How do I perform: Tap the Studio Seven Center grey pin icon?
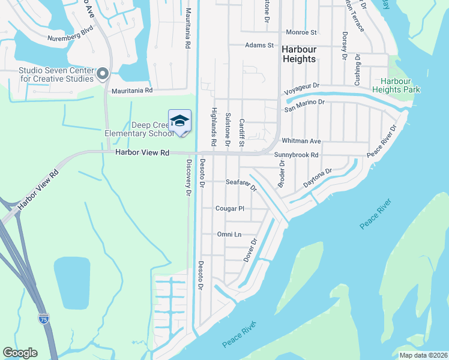point(102,74)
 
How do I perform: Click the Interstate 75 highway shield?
point(44,319)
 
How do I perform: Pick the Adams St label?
point(259,45)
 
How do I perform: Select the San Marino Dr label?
point(304,103)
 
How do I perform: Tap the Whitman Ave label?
point(301,141)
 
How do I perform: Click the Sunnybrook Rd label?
point(295,155)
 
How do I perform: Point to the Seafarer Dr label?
point(241,184)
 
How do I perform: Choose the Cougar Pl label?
point(230,209)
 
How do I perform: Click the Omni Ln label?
point(229,235)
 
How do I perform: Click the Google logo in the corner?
point(20,353)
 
